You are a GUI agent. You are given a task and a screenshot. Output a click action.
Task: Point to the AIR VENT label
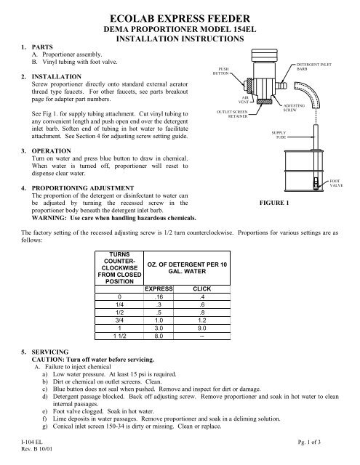coord(246,102)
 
